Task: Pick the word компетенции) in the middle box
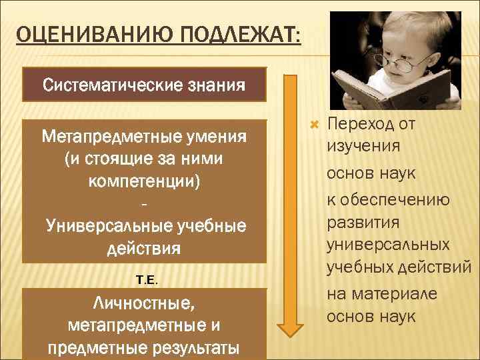pos(144,181)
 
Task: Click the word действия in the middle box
pos(144,249)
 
